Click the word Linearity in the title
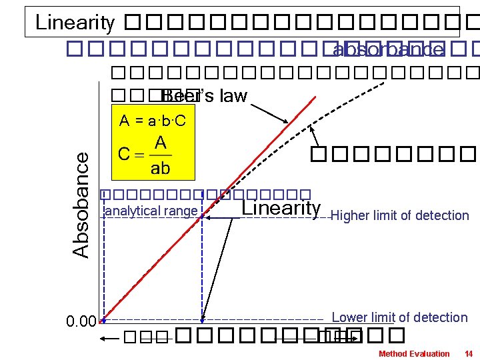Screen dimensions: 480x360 (75, 23)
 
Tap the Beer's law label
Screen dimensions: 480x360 (205, 97)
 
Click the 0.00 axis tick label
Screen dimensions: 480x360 (81, 323)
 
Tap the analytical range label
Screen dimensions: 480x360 (152, 211)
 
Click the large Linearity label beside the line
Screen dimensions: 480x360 (281, 208)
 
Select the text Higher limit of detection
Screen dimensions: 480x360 (400, 215)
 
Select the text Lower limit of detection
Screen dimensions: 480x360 (399, 317)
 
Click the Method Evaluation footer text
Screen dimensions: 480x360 (414, 353)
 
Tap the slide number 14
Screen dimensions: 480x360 (469, 353)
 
